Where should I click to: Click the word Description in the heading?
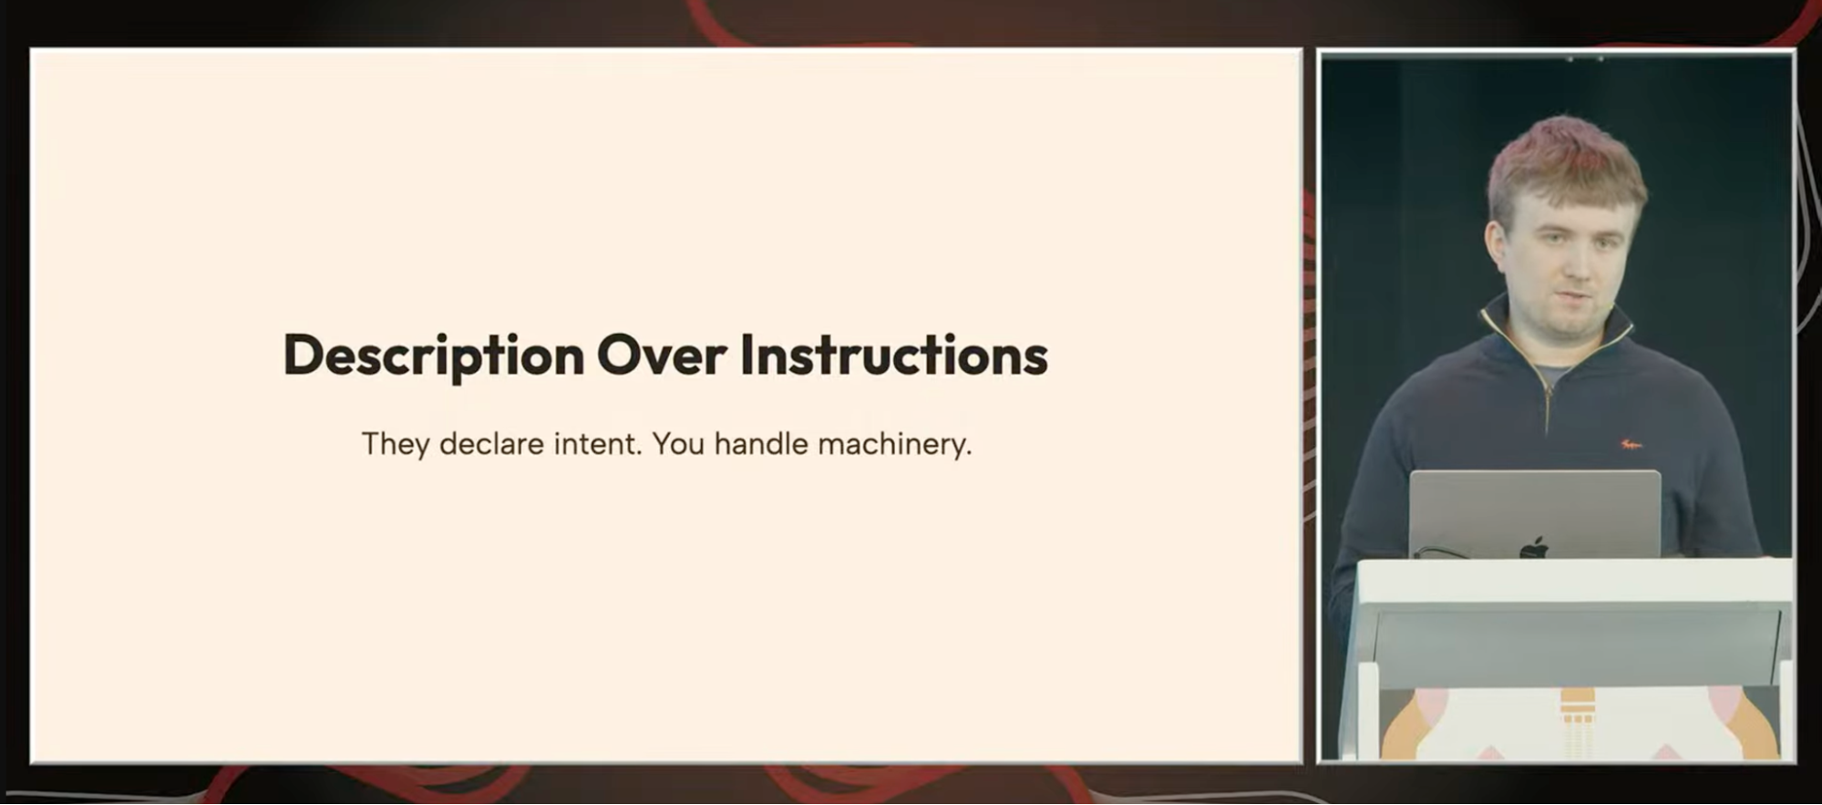[434, 356]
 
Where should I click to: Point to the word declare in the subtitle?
[492, 444]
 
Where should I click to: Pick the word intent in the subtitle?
[599, 444]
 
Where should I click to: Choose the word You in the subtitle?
[678, 444]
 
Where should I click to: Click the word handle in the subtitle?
[761, 444]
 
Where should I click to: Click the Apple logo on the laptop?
[1534, 547]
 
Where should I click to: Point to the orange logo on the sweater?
[1631, 444]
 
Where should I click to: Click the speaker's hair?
[1565, 163]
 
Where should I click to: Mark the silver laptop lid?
[1535, 513]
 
